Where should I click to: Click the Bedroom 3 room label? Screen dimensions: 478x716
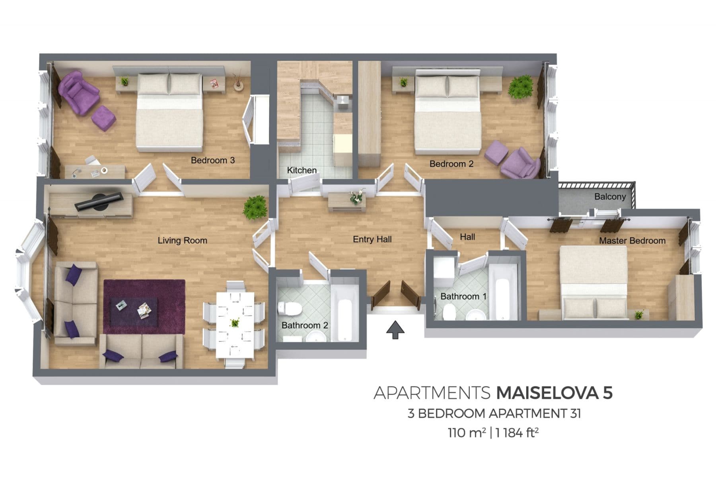(213, 160)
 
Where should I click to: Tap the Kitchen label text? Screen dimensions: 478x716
(302, 170)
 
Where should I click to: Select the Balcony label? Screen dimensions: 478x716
(610, 196)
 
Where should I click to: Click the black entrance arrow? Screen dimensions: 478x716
(395, 330)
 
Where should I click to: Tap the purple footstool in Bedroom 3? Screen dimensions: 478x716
(103, 118)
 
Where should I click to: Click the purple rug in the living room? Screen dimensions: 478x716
(144, 307)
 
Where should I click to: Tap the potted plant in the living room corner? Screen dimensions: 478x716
(255, 207)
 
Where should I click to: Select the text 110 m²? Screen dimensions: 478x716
(467, 433)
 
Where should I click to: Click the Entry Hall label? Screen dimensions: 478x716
(372, 239)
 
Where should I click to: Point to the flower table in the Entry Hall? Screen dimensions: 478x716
(347, 202)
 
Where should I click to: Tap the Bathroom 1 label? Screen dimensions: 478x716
(463, 296)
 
